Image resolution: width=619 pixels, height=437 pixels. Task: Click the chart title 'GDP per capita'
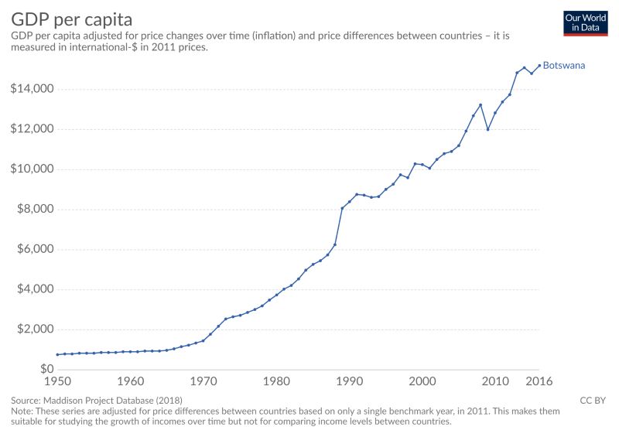click(x=71, y=19)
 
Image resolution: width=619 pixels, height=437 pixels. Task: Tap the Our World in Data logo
click(x=585, y=22)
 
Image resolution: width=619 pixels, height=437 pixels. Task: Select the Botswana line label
click(x=564, y=66)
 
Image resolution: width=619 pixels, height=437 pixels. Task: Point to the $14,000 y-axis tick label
click(x=32, y=89)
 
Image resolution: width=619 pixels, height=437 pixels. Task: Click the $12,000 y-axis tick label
click(x=32, y=129)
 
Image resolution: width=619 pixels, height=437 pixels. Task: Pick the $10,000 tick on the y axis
click(x=32, y=169)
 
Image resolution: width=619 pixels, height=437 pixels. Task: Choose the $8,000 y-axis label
click(x=35, y=210)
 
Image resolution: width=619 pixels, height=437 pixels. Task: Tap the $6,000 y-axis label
click(x=35, y=250)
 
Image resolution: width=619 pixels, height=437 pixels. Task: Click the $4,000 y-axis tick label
click(x=35, y=289)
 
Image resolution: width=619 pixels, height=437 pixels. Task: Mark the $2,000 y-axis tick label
click(x=35, y=329)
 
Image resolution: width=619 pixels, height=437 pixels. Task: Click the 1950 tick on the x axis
click(x=58, y=381)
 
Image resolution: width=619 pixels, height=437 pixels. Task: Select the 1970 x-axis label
click(x=203, y=381)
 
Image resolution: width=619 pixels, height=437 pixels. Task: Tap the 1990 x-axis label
click(x=350, y=381)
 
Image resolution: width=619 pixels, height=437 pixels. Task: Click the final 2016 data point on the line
click(x=539, y=66)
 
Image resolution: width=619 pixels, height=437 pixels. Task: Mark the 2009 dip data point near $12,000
click(x=488, y=129)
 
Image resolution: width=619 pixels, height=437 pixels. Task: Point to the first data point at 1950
click(x=58, y=354)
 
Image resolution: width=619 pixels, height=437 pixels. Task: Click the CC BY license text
click(x=592, y=401)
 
